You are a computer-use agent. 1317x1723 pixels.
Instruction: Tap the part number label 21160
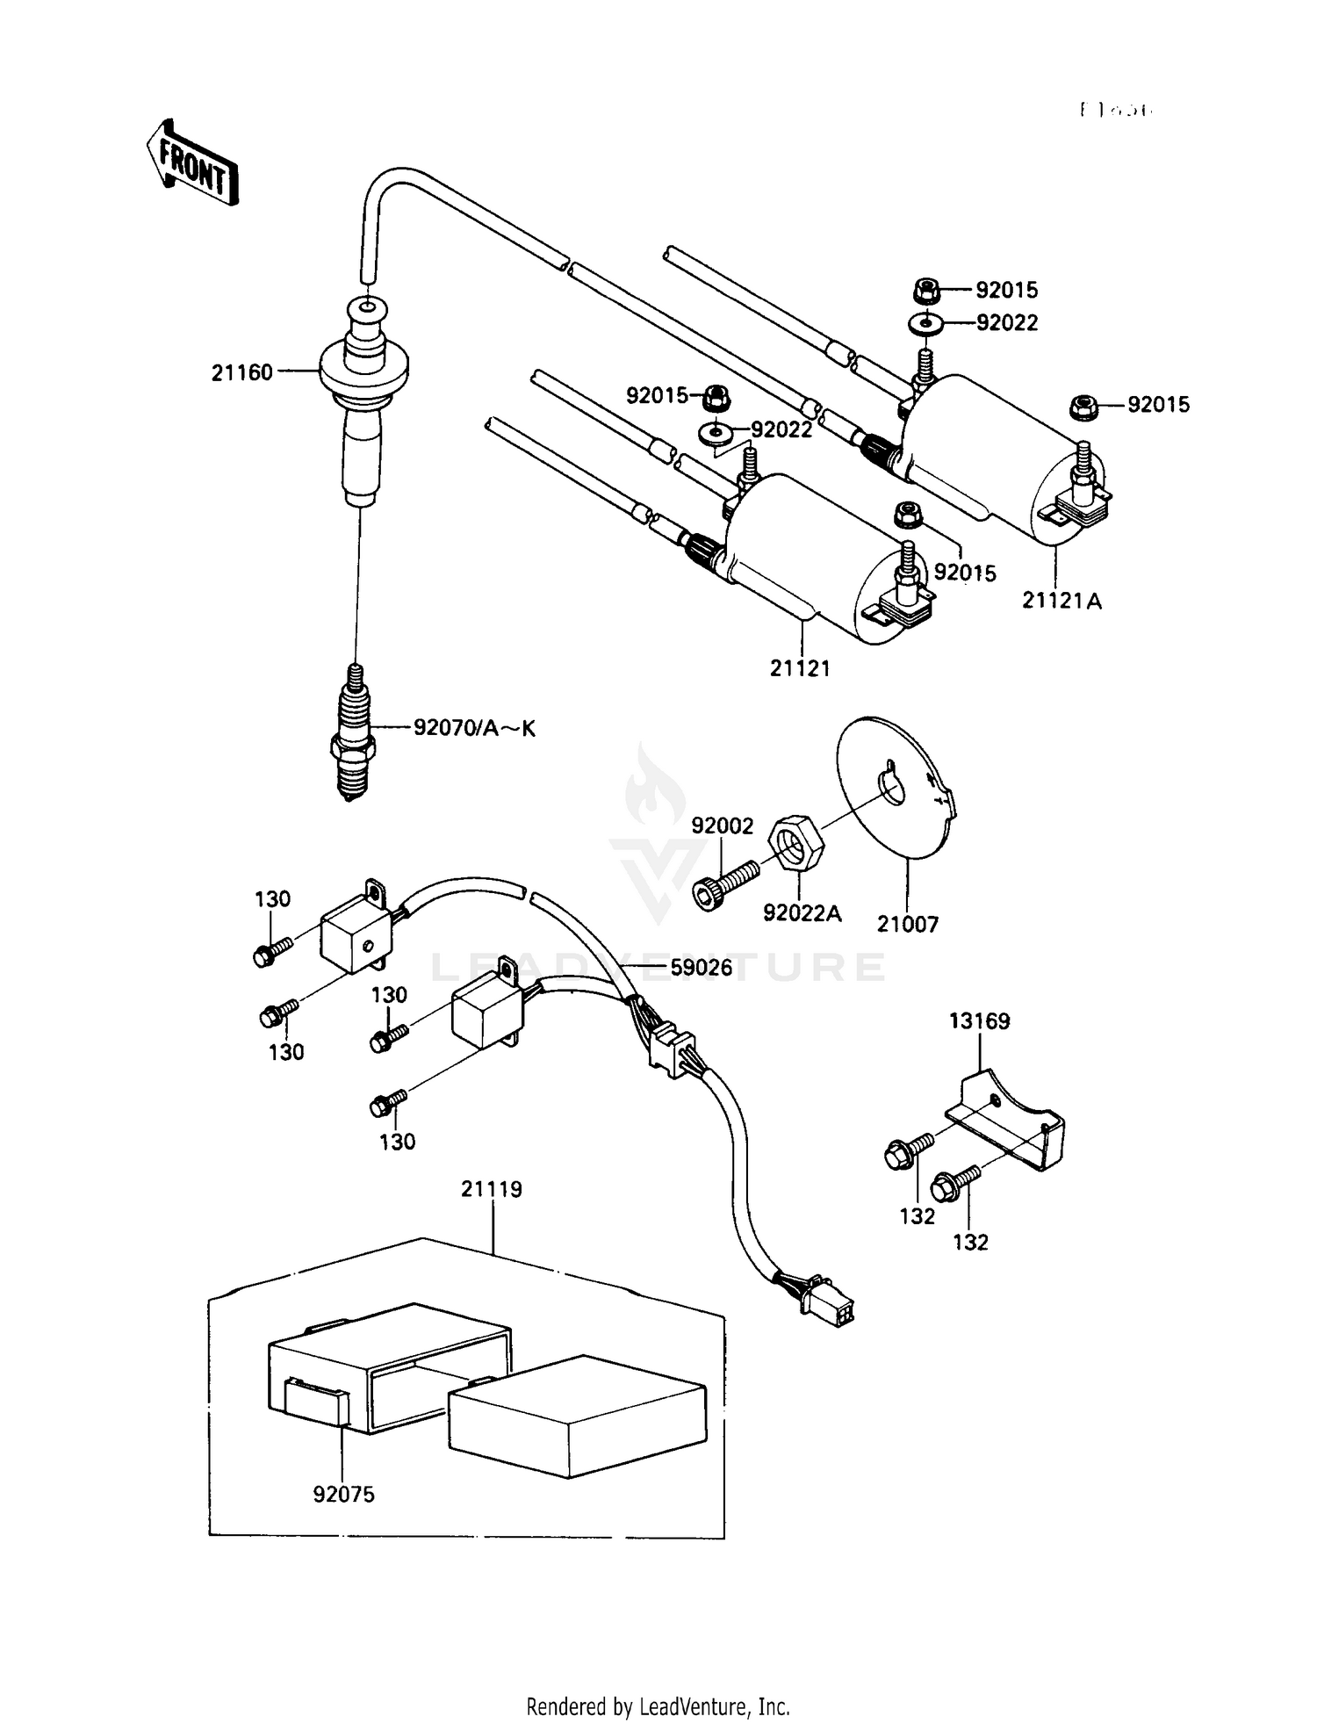tap(241, 373)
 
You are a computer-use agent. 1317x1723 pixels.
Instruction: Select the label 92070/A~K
tap(474, 728)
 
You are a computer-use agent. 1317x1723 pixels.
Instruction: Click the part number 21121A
tap(1062, 601)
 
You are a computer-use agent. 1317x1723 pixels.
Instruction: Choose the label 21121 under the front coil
tap(800, 668)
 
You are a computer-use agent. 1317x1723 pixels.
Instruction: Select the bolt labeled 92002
tap(724, 884)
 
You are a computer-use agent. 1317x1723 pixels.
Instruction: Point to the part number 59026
tap(701, 970)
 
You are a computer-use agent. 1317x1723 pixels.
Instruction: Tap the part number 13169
tap(979, 1021)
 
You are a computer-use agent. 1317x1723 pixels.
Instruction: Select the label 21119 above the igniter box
tap(492, 1189)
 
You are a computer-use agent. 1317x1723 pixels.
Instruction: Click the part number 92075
tap(343, 1494)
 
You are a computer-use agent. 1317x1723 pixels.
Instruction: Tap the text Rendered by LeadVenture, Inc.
tap(658, 1706)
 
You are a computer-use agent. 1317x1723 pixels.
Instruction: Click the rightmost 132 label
tap(970, 1242)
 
